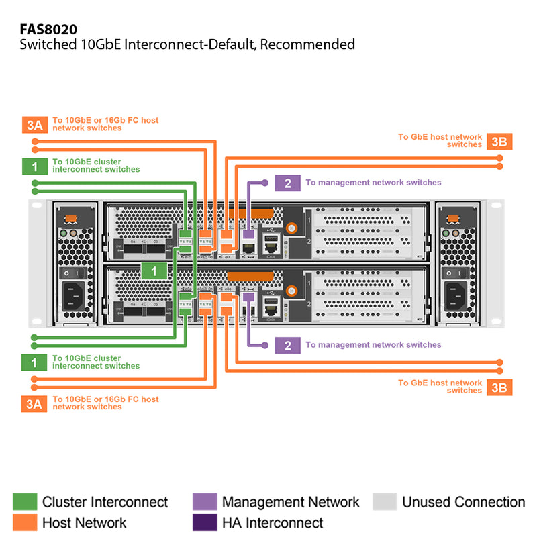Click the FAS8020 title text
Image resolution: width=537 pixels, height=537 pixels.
(48, 30)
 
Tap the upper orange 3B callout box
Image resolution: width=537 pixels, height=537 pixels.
(499, 141)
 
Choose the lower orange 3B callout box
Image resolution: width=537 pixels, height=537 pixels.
(499, 387)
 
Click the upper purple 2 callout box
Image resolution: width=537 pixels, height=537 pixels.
(287, 183)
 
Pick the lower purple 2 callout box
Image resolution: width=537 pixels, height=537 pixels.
(287, 345)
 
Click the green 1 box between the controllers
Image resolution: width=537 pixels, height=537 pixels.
(154, 271)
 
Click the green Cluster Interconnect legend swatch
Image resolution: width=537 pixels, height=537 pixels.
(25, 502)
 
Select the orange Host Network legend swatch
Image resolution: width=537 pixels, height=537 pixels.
(25, 522)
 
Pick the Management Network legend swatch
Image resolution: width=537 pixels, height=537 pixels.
(204, 502)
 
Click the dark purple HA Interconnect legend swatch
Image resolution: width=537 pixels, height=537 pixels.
(204, 522)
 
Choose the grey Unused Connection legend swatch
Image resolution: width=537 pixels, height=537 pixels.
(385, 502)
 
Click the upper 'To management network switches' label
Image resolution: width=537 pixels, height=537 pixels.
(373, 183)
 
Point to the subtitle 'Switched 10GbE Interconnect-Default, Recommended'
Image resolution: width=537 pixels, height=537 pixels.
(187, 45)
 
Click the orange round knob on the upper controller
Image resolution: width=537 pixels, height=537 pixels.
(291, 228)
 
